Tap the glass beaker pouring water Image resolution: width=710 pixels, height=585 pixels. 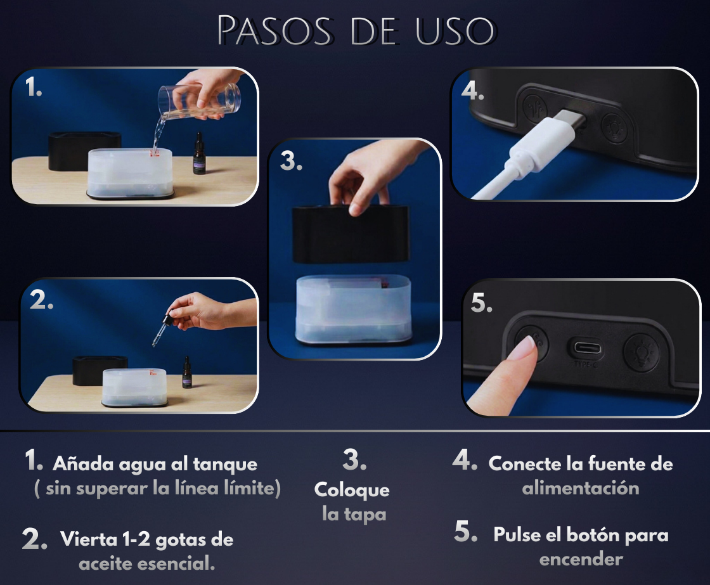(202, 101)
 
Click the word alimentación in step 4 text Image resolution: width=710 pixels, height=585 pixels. (580, 488)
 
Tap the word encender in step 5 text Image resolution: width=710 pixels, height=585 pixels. (581, 559)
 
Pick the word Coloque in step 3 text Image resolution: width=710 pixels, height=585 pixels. (352, 490)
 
